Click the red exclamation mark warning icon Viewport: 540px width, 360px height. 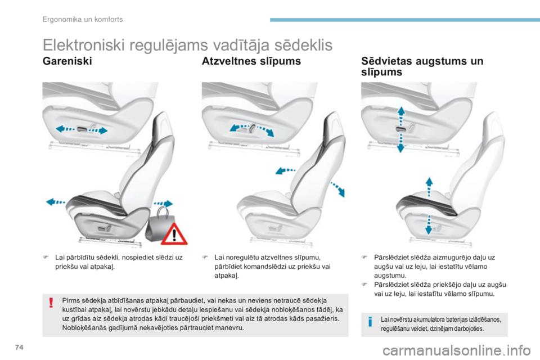tap(51, 303)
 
